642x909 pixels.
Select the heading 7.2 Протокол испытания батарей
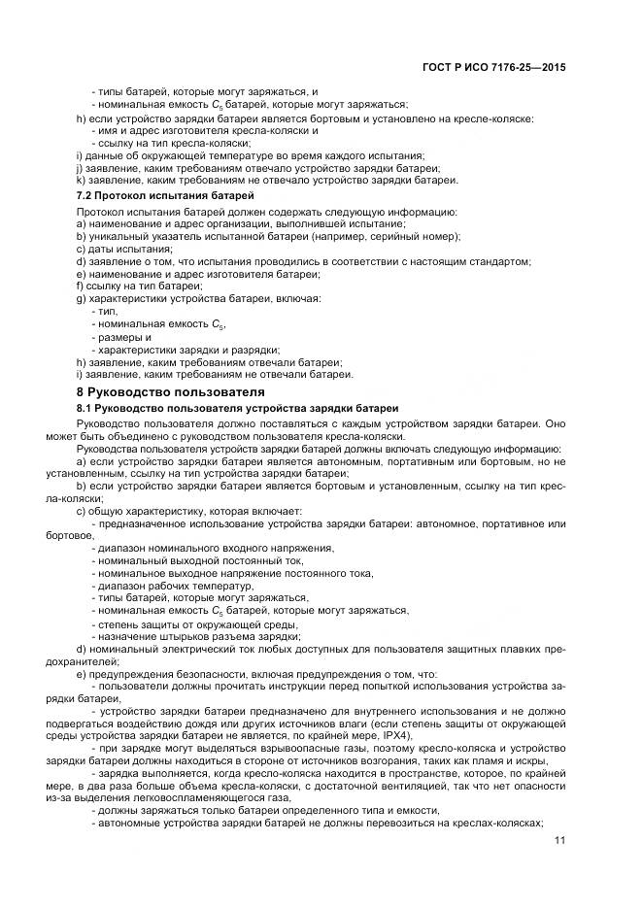[157, 196]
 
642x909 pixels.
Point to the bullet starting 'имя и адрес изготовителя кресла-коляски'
[204, 130]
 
